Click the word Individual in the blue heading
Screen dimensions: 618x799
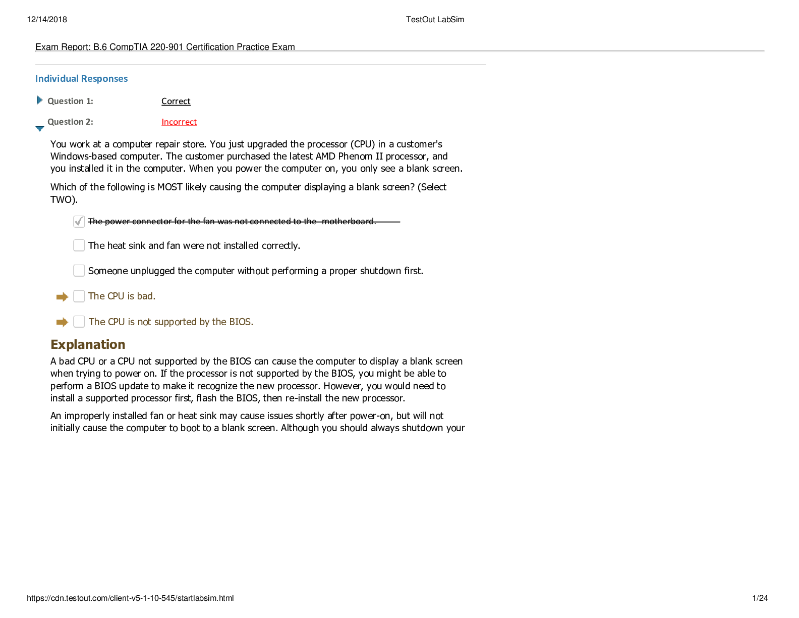[x=56, y=79]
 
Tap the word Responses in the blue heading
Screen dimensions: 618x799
[x=104, y=79]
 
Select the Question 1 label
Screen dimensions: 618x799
[x=70, y=101]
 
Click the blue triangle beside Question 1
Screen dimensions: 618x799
[x=39, y=100]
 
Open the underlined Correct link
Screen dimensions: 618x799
[x=177, y=101]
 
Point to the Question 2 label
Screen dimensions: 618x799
[x=70, y=122]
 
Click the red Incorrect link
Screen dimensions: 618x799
[x=179, y=122]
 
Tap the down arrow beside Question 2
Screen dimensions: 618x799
[x=40, y=129]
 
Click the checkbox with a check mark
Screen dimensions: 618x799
[x=79, y=221]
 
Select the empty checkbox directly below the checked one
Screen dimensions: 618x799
[x=79, y=245]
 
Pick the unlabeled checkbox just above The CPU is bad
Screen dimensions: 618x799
[x=79, y=271]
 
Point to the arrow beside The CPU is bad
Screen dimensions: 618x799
[x=62, y=297]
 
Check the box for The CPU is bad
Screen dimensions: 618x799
[x=79, y=296]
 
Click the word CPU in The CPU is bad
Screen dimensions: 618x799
[x=116, y=296]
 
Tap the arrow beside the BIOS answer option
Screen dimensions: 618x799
[x=62, y=322]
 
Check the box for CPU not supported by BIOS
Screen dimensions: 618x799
[x=79, y=322]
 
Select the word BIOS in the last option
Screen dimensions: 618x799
[x=241, y=322]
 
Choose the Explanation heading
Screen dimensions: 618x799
[x=88, y=345]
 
